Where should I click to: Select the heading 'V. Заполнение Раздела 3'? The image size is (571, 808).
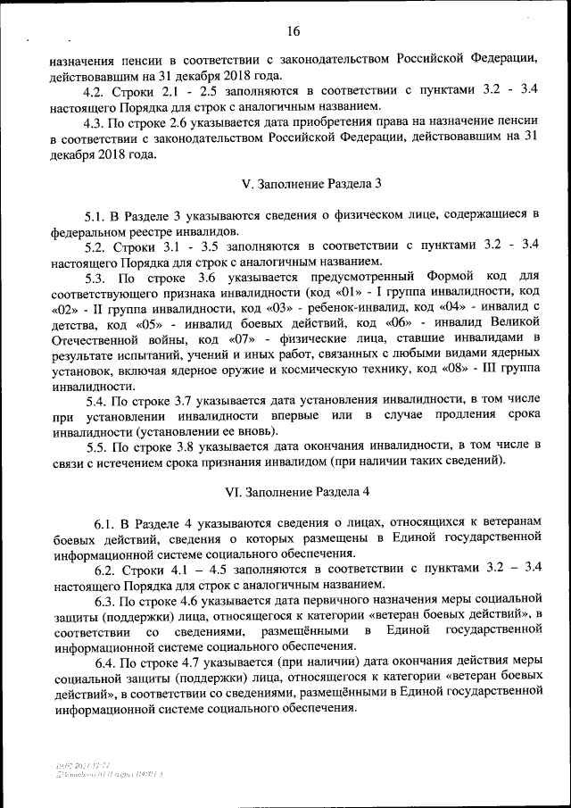click(x=311, y=183)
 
